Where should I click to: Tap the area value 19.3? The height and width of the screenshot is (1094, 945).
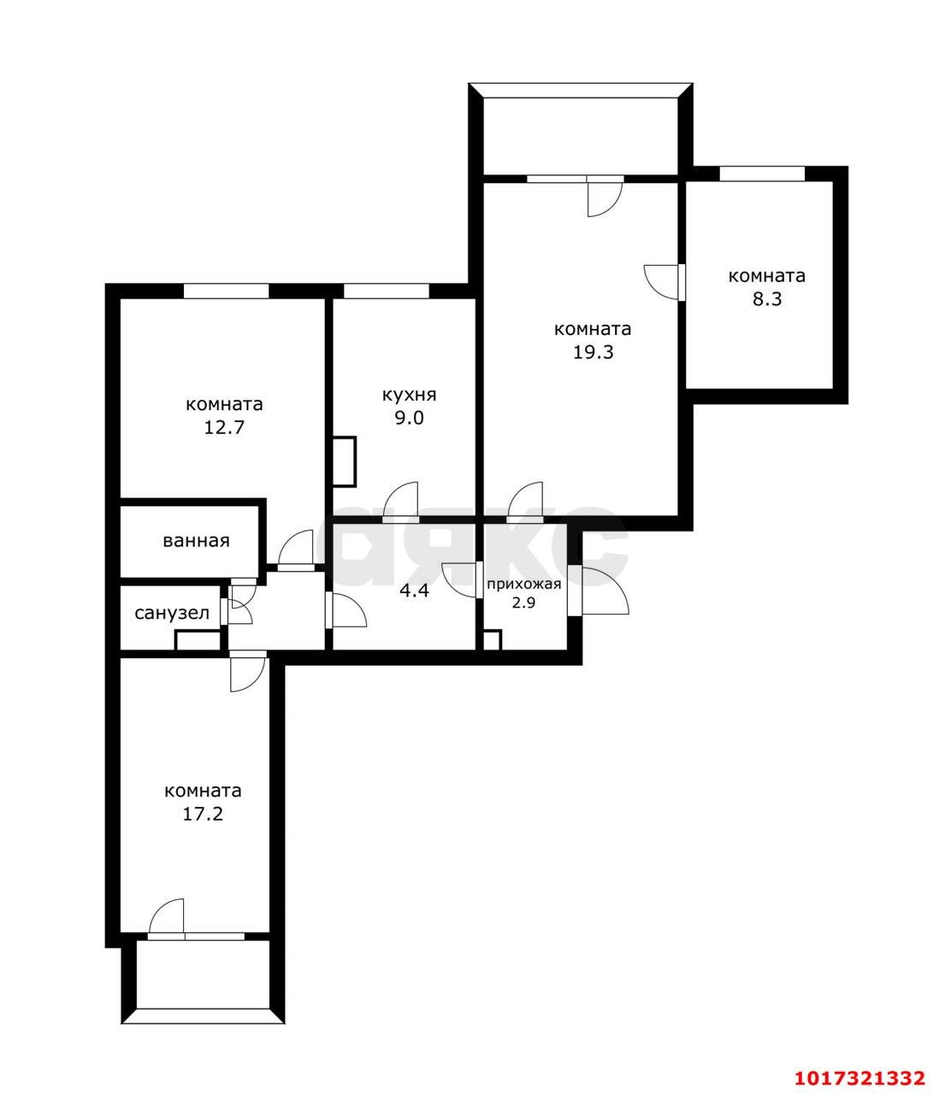tap(593, 352)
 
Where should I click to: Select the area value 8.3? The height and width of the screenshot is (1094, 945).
tap(767, 299)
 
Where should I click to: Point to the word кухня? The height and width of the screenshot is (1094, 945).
tap(409, 396)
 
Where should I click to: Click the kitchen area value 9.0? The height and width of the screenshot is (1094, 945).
tap(409, 418)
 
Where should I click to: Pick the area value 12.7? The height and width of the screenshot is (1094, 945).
tap(224, 427)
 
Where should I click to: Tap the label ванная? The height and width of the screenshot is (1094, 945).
tap(196, 541)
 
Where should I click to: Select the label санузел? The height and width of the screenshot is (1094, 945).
tap(172, 614)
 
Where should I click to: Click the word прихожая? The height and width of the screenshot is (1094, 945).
tap(523, 585)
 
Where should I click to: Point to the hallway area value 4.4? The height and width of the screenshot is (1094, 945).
tap(414, 591)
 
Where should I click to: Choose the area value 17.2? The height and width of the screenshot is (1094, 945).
tap(203, 814)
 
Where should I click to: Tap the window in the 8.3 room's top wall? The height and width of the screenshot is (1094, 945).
tap(762, 174)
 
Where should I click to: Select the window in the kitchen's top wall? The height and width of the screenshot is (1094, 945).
tap(387, 291)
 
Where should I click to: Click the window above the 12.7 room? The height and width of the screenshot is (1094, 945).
tap(226, 291)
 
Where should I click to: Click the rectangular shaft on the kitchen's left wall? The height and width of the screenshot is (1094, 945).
tap(344, 462)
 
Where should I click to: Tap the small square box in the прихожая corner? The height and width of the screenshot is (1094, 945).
tap(492, 640)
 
